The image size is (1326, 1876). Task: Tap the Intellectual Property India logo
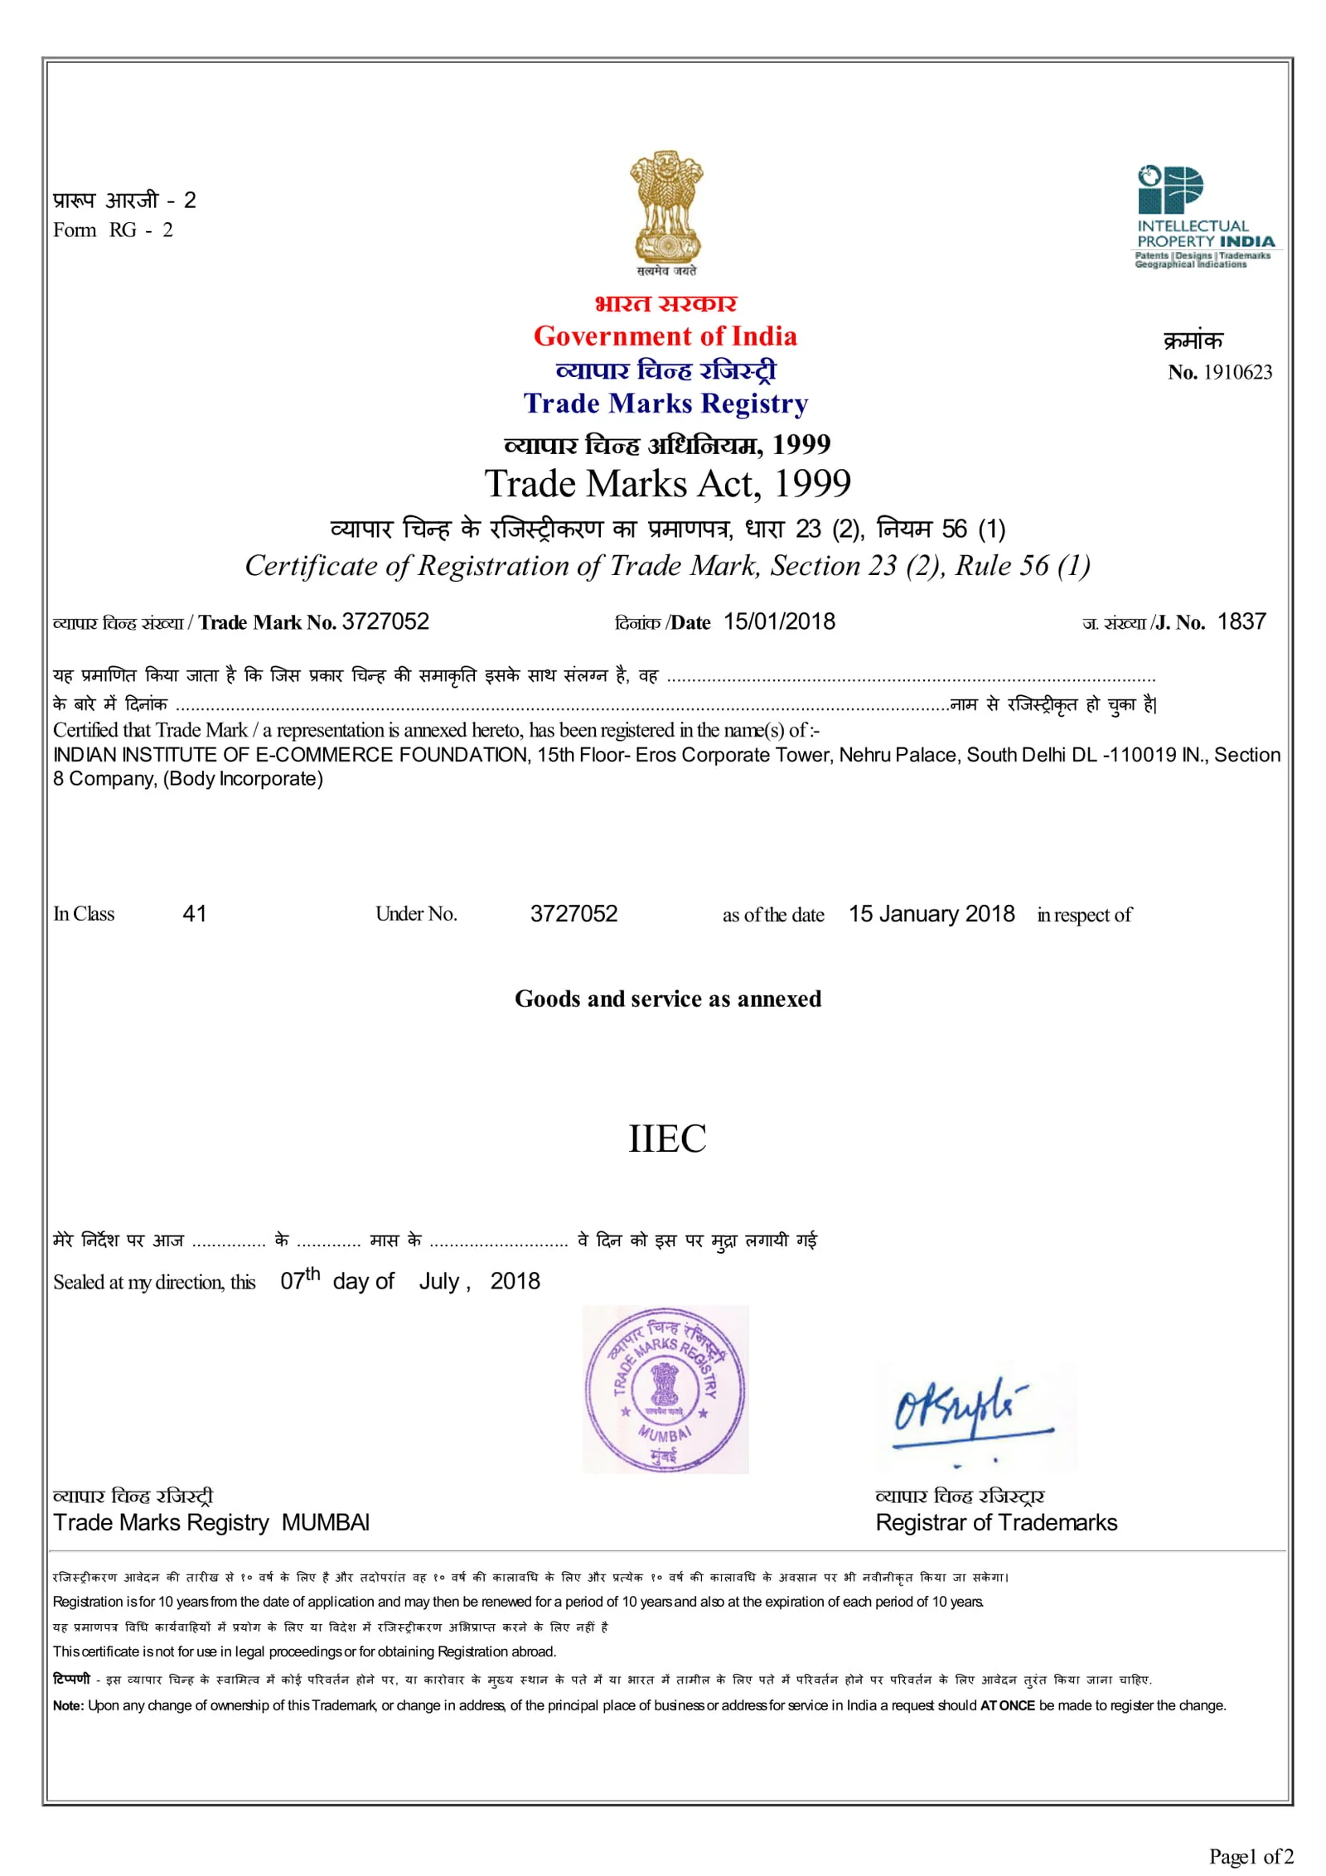coord(1203,215)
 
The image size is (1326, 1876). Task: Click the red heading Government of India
coord(665,336)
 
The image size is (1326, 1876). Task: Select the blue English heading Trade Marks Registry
coord(665,404)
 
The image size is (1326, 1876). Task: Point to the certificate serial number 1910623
coord(1236,372)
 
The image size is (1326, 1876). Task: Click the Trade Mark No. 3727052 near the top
coord(385,621)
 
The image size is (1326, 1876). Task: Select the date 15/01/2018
coord(779,621)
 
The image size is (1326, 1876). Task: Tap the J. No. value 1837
coord(1241,621)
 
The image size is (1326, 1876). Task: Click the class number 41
coord(194,913)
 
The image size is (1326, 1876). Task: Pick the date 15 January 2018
coord(931,913)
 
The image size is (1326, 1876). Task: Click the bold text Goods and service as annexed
coord(667,998)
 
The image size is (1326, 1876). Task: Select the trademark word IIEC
coord(667,1139)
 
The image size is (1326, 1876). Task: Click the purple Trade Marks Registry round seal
coord(665,1390)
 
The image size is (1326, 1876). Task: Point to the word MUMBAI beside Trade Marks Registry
coord(325,1522)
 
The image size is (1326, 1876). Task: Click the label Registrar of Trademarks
coord(996,1522)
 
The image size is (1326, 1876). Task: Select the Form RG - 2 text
coord(113,230)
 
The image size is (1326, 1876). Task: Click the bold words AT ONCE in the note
coord(1007,1705)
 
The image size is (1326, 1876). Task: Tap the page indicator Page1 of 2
coord(1250,1855)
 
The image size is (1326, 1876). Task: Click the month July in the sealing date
coord(438,1281)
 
